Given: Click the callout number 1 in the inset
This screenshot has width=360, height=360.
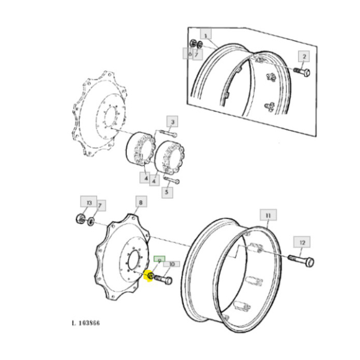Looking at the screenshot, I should [x=206, y=35].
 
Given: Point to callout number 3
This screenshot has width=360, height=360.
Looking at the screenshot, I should [x=173, y=122].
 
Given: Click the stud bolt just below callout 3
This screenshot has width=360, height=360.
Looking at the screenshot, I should [x=168, y=134].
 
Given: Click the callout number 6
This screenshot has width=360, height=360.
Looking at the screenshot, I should [x=189, y=53].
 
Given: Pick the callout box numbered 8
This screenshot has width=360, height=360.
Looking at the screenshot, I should [x=139, y=203].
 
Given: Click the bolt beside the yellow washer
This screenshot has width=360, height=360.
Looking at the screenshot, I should [x=164, y=281].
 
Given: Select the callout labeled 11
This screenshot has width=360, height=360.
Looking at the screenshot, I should [x=268, y=215].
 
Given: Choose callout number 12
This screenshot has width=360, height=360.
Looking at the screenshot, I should [x=302, y=242].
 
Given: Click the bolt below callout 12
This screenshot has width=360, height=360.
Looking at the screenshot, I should [x=301, y=260].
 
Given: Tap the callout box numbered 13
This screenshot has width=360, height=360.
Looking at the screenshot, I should [x=89, y=203].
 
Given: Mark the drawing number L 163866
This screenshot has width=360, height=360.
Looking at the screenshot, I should [x=86, y=323].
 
